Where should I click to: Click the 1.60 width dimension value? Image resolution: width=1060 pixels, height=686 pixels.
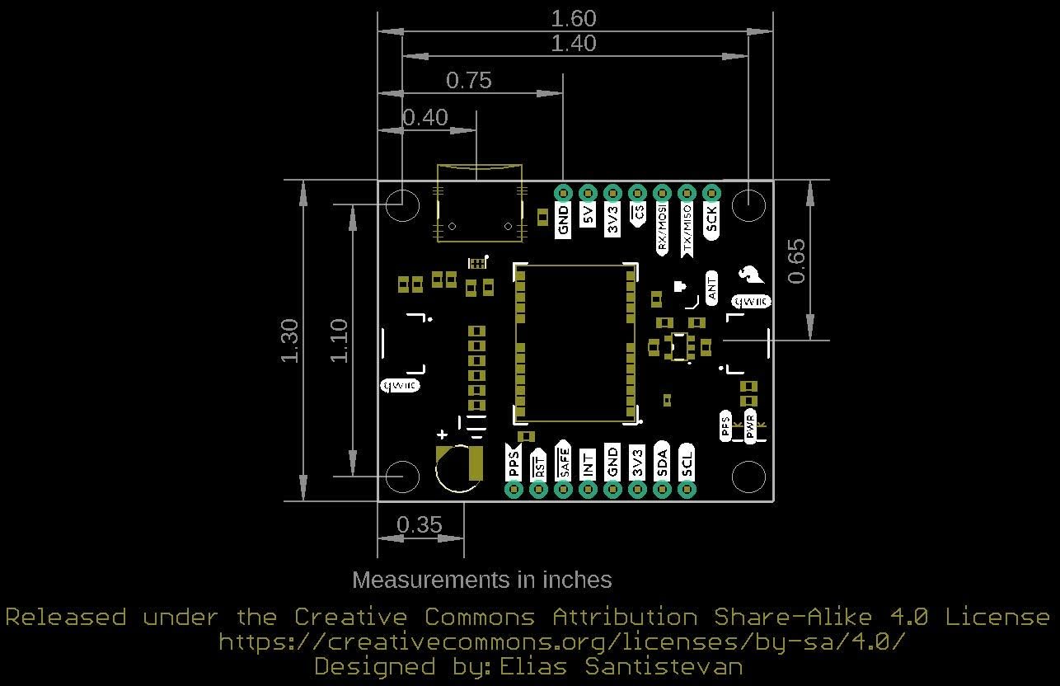(x=574, y=18)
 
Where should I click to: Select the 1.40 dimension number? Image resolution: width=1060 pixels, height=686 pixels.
(x=574, y=43)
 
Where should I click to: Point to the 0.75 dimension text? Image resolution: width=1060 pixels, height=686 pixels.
(x=468, y=80)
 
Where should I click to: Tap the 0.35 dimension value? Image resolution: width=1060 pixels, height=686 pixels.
(x=419, y=524)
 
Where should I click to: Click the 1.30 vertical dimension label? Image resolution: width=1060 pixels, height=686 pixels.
(x=289, y=340)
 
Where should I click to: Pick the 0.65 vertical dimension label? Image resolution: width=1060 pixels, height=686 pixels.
(x=796, y=261)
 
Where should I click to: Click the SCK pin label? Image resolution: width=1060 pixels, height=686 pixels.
(x=711, y=219)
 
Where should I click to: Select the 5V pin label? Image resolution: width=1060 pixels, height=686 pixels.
(x=588, y=216)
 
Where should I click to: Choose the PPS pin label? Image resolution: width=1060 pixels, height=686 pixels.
(x=514, y=463)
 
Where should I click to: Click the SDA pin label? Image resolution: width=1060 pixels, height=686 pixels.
(x=662, y=463)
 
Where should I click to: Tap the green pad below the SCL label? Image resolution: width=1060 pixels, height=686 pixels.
(x=687, y=490)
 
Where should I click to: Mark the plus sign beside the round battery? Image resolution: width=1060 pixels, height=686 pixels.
(x=443, y=435)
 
